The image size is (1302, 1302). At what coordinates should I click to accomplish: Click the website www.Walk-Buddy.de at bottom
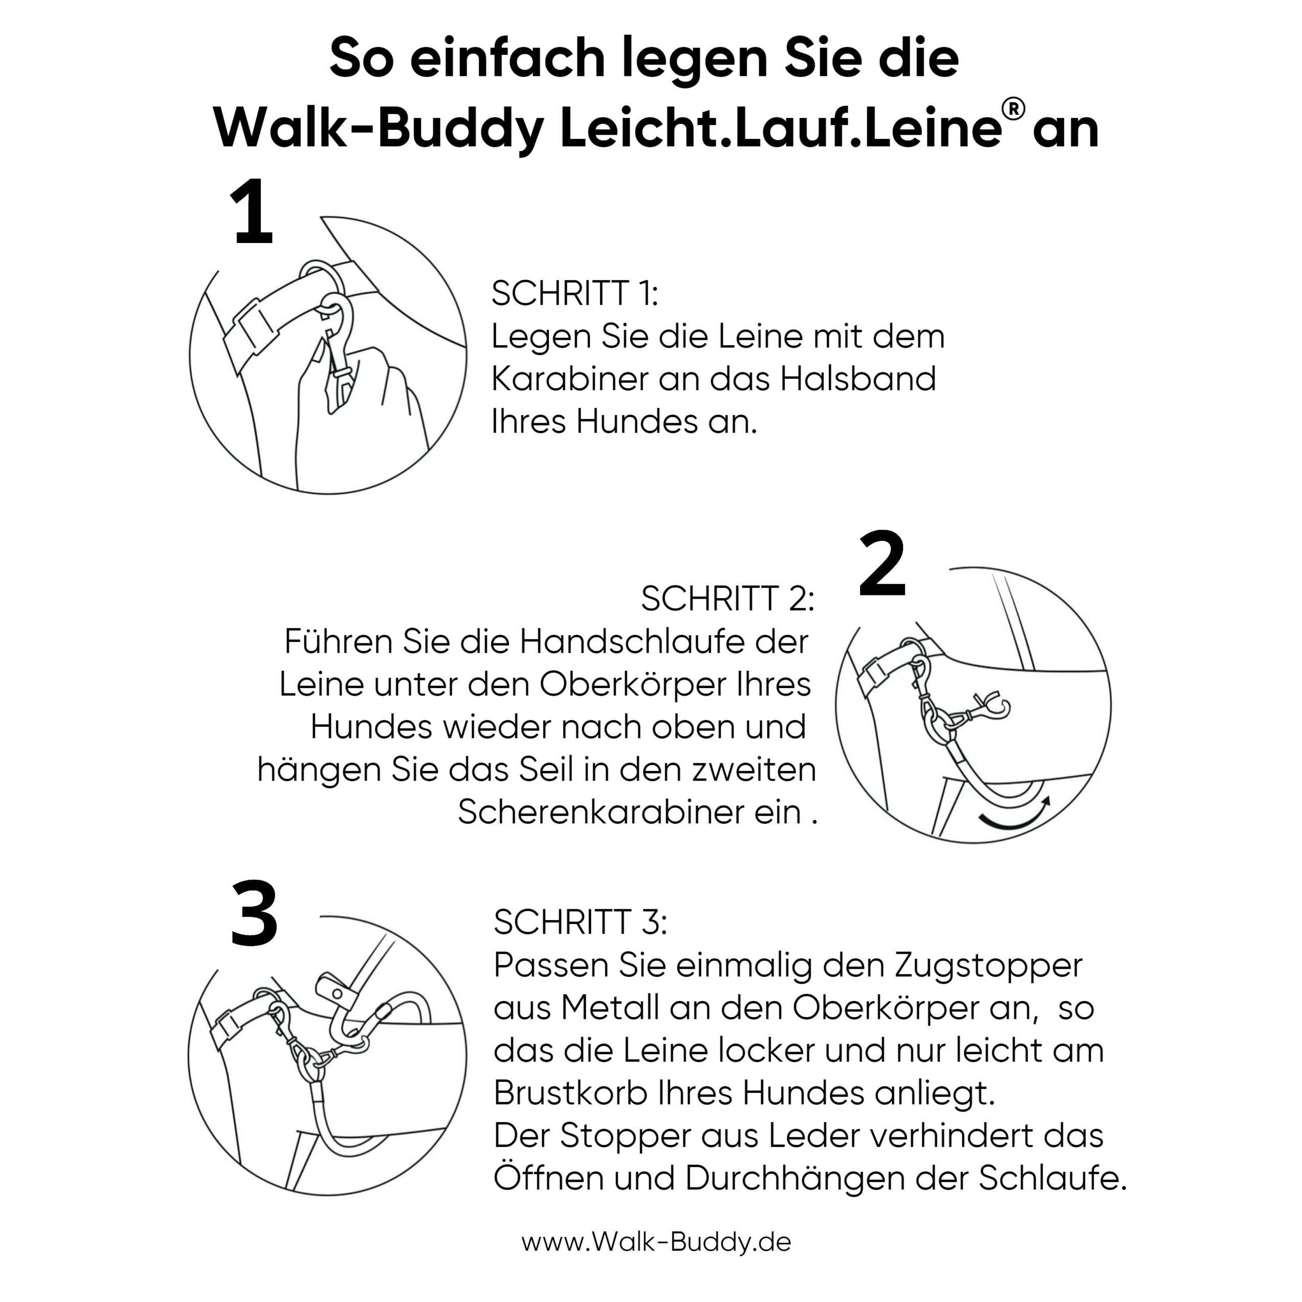tap(656, 1241)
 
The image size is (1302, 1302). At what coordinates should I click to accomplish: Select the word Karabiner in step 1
tap(570, 379)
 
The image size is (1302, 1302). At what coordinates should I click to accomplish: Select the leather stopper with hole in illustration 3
tap(335, 991)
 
